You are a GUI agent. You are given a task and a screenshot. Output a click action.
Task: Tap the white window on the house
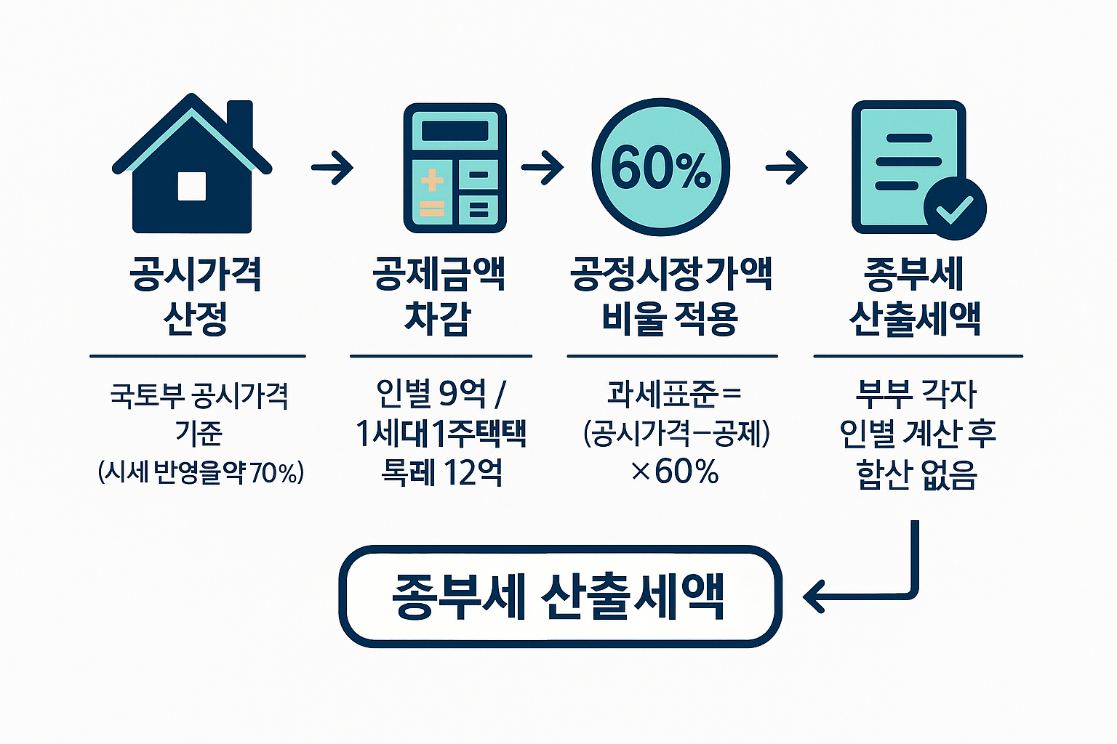pos(192,186)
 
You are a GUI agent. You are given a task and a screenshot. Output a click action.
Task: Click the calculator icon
pos(455,168)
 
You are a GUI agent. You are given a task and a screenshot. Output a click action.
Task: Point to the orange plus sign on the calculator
pos(432,180)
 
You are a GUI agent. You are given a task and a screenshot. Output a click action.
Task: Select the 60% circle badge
pos(660,168)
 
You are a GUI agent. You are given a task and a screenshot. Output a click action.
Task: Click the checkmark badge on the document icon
pos(954,209)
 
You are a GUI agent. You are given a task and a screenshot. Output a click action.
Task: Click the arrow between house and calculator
pos(332,168)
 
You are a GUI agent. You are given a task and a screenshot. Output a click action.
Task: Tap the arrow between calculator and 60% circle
pos(543,168)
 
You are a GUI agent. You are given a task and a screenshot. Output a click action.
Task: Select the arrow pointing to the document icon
pos(787,168)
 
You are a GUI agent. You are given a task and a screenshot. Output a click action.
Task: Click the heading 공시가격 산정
pos(196,296)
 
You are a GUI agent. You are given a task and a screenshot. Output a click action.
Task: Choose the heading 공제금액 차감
pos(439,296)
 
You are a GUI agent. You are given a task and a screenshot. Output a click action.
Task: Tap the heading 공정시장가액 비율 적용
pos(670,296)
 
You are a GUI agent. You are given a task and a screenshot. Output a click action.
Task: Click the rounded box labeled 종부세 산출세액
pos(560,597)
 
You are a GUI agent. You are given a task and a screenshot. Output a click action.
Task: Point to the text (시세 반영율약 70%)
pos(201,473)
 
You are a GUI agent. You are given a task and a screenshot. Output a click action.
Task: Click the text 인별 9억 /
pos(440,393)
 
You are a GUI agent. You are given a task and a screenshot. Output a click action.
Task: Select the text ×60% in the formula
pos(674,472)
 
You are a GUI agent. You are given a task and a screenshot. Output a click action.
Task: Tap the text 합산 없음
pos(917,474)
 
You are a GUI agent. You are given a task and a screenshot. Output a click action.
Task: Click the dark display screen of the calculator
pos(455,131)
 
